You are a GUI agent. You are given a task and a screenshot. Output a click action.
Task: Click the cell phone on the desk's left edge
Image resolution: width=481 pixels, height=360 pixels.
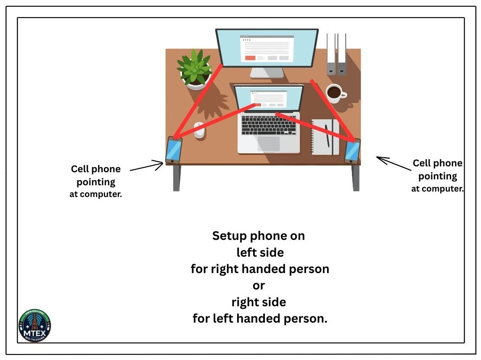(173, 150)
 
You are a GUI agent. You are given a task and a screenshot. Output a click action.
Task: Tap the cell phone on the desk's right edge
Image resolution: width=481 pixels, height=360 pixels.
(352, 151)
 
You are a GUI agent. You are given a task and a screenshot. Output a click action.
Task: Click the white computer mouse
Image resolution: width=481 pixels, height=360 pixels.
(200, 130)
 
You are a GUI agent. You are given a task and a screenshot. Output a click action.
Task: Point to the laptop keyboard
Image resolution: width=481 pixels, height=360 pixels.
(269, 125)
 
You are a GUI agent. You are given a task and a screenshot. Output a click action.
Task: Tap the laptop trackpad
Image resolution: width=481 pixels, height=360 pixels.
(269, 144)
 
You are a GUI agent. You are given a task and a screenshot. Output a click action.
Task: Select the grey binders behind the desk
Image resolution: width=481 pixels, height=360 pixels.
(336, 54)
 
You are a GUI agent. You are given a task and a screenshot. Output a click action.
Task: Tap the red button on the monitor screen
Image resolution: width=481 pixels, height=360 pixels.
(250, 58)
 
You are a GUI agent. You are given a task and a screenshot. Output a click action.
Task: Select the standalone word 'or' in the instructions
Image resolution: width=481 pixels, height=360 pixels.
(259, 285)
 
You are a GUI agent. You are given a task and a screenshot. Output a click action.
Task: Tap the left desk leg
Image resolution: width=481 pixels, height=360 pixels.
(177, 178)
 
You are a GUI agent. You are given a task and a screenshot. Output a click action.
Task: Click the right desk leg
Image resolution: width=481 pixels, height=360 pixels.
(356, 178)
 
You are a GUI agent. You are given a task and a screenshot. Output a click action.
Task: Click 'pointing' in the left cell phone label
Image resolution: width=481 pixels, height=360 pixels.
(96, 182)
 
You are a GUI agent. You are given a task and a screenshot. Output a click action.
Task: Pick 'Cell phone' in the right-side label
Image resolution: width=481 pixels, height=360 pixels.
(437, 163)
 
